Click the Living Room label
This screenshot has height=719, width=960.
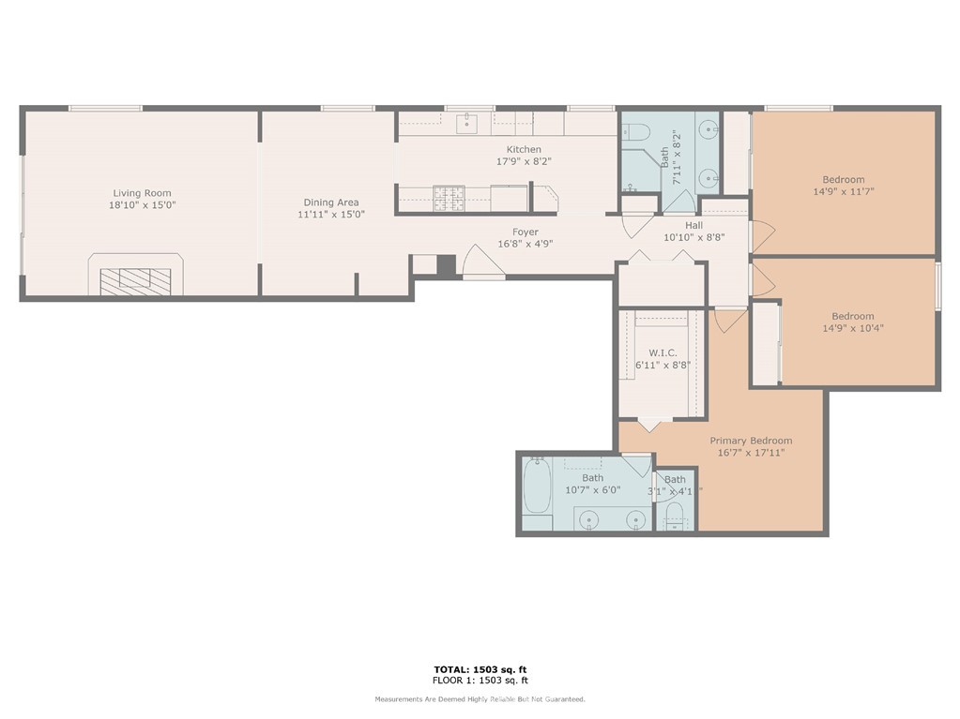pos(142,193)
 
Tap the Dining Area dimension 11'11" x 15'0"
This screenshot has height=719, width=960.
pos(331,215)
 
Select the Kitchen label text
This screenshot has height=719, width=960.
pos(524,149)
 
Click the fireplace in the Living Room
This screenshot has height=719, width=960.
pos(136,275)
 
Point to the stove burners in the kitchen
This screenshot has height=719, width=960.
pos(450,198)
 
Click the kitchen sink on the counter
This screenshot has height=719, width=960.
pos(467,123)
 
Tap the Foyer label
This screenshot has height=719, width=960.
pos(526,232)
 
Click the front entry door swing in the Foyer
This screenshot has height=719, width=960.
pos(483,261)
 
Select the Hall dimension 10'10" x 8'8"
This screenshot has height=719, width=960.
pos(694,237)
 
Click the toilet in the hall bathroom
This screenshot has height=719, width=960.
pos(635,131)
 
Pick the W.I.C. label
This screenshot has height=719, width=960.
pos(663,353)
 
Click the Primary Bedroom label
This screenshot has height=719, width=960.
pos(752,441)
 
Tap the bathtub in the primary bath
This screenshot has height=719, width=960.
pos(538,487)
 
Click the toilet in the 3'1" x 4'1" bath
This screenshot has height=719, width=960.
pos(675,516)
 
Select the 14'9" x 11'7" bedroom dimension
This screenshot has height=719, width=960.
pos(844,191)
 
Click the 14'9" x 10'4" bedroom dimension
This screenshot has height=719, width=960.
pos(853,328)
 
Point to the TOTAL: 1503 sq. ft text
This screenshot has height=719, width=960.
pos(480,669)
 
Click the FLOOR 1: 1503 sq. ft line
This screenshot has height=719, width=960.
pos(480,680)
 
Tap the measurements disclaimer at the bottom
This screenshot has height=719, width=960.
pos(480,698)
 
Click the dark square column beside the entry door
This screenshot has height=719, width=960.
pos(447,264)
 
